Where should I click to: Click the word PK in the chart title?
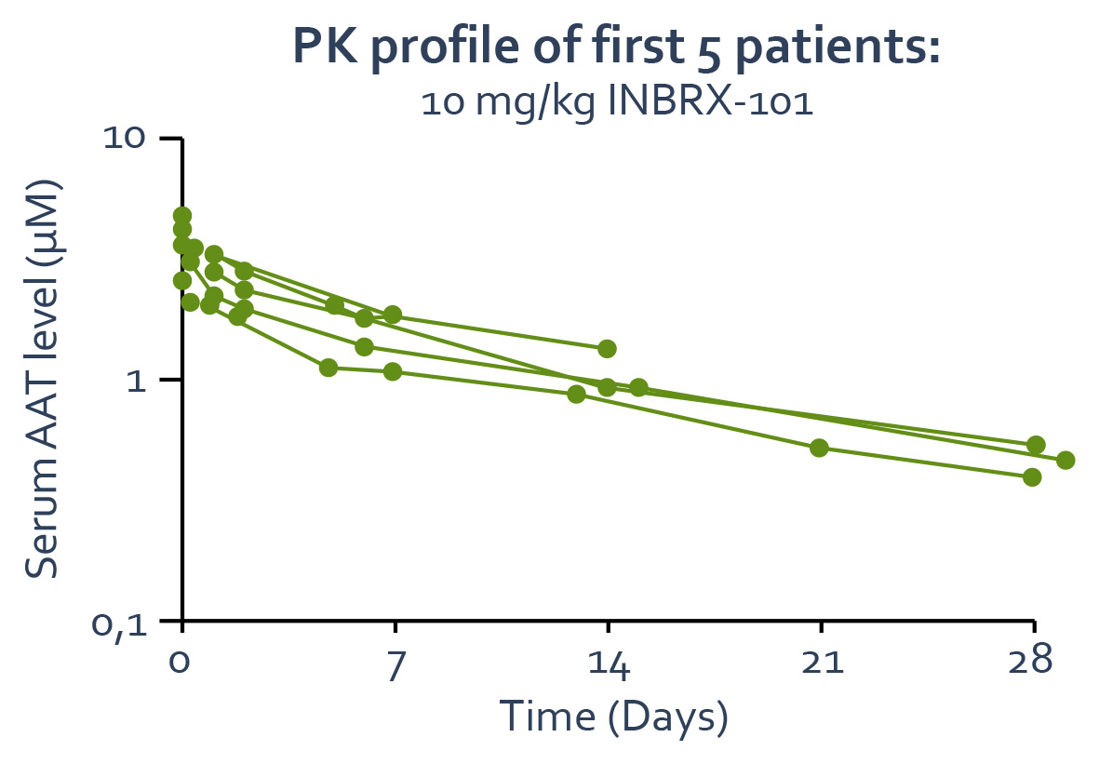(x=321, y=47)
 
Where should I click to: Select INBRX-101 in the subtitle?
(x=710, y=101)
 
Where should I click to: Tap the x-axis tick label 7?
(x=395, y=663)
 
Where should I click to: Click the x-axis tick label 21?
(x=821, y=663)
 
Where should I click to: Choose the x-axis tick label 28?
(x=1034, y=663)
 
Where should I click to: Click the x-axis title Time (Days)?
(x=613, y=717)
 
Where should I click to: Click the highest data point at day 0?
(x=182, y=216)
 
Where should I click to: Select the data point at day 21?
(x=819, y=448)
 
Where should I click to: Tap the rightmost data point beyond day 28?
(x=1065, y=460)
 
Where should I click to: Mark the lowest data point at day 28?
(x=1032, y=477)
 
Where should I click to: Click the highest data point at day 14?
(x=607, y=349)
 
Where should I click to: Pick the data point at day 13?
(x=576, y=394)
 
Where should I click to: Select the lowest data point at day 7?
(x=393, y=371)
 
